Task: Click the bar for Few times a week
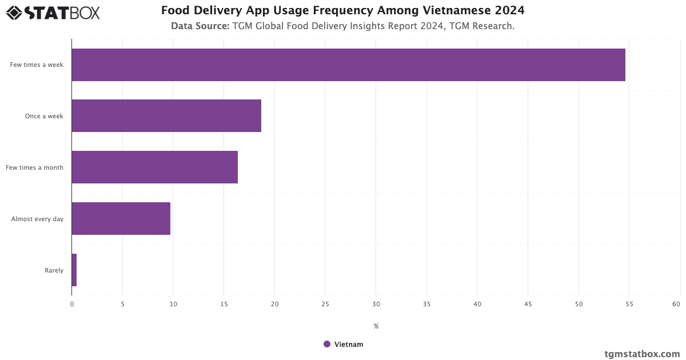tap(348, 65)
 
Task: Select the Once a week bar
tap(166, 115)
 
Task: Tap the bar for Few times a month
tap(154, 167)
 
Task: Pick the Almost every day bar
tap(121, 218)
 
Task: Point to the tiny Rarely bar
tap(74, 270)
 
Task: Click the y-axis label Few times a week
tap(37, 65)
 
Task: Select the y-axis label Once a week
tap(44, 116)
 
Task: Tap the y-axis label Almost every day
tap(37, 219)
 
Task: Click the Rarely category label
tap(54, 270)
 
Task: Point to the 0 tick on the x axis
tap(72, 304)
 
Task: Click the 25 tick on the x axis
tap(325, 304)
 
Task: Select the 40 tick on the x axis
tap(477, 304)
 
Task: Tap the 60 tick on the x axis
tap(676, 304)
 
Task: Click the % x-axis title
tap(376, 326)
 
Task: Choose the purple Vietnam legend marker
tap(327, 344)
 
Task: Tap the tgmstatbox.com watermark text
tap(643, 354)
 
